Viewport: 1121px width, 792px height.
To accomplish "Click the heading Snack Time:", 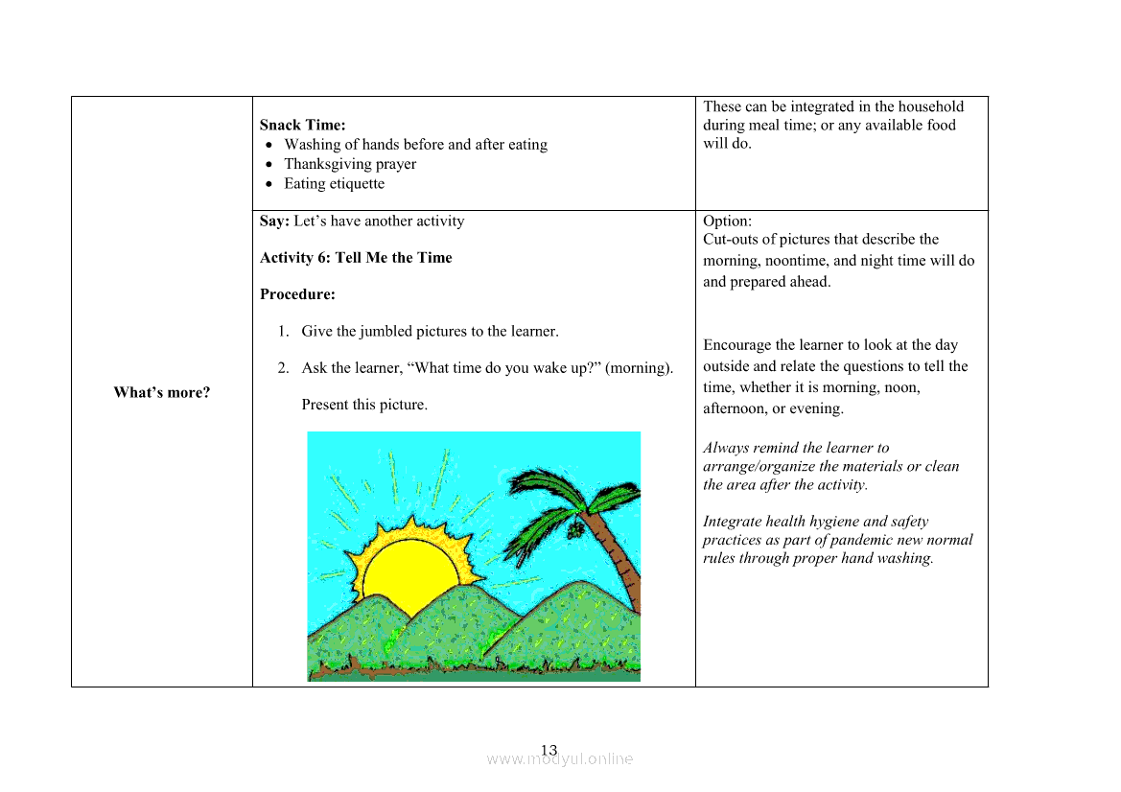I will point(302,125).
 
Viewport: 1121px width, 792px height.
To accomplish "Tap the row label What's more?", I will point(161,392).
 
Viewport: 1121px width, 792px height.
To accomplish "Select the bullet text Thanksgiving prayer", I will point(350,164).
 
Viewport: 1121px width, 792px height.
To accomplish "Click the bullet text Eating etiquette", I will point(334,184).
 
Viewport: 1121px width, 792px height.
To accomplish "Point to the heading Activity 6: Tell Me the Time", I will point(356,258).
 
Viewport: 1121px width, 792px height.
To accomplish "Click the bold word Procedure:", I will point(297,294).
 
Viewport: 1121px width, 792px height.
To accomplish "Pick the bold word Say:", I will point(274,221).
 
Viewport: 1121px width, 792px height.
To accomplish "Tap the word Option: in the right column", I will point(727,221).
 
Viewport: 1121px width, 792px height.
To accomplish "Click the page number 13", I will point(549,750).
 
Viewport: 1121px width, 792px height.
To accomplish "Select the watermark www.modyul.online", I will point(560,759).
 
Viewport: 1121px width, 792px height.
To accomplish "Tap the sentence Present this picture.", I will point(364,405).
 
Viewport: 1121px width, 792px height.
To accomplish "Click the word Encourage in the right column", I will point(736,345).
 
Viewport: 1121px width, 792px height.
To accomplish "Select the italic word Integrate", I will point(734,522).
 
